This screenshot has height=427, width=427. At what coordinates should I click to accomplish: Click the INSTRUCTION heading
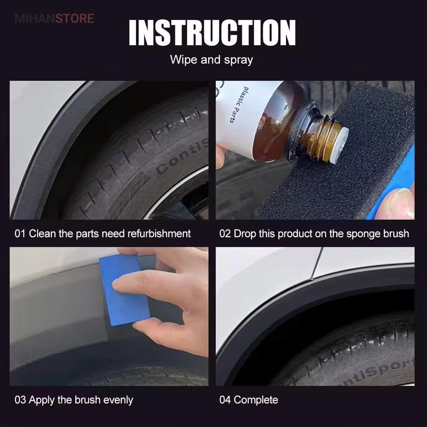[212, 32]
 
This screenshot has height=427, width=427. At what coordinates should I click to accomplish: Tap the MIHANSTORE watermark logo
[55, 19]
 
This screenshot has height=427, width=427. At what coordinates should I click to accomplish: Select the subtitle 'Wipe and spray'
[212, 60]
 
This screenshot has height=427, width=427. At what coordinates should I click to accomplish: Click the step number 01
[20, 233]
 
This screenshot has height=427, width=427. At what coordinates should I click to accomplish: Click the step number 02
[225, 233]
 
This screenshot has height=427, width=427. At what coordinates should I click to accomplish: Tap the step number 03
[20, 400]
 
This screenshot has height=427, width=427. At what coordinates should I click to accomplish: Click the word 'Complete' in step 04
[256, 400]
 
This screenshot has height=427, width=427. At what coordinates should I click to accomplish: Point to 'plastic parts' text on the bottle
[239, 105]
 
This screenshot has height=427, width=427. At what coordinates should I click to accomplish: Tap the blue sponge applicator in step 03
[124, 289]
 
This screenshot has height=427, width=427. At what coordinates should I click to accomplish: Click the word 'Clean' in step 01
[42, 233]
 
